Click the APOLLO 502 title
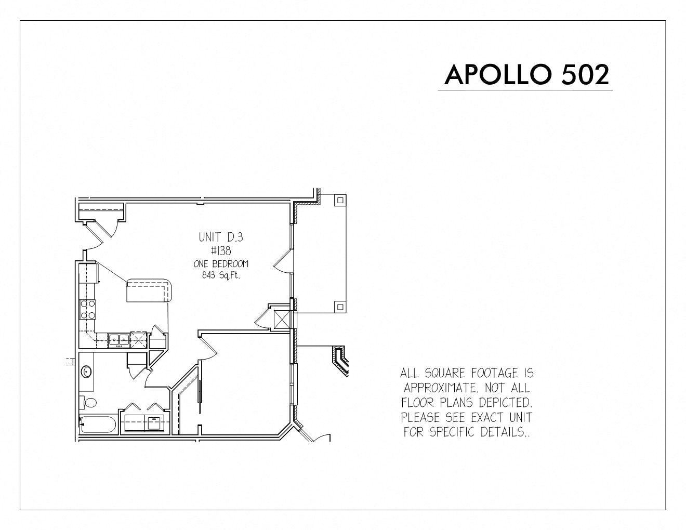point(526,75)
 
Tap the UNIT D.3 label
point(221,237)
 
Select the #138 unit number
point(221,250)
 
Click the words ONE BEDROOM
point(221,264)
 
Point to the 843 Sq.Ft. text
point(221,275)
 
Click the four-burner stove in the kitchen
point(88,309)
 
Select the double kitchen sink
point(118,340)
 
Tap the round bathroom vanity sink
point(86,371)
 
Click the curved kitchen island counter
point(149,290)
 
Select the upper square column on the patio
point(340,200)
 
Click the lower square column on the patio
point(340,307)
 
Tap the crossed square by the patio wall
point(282,320)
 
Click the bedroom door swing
point(209,348)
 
